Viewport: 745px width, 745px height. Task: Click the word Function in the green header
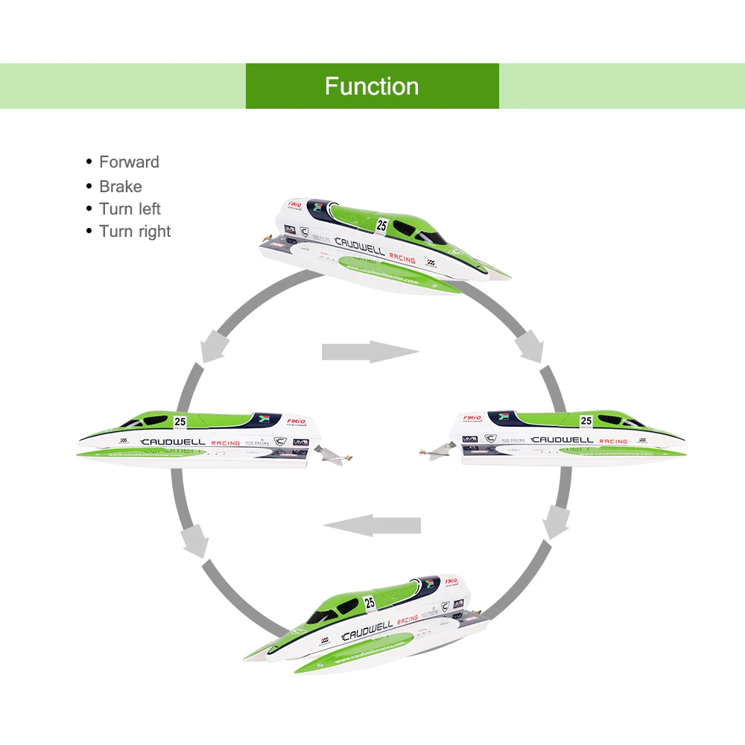(372, 86)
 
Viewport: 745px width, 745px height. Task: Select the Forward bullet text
(129, 162)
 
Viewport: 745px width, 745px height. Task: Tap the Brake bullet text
(120, 186)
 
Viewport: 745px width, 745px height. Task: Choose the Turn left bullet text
(130, 209)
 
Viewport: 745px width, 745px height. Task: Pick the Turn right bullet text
(135, 232)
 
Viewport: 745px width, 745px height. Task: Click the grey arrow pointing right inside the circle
(370, 352)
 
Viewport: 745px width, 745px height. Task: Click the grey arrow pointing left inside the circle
(372, 525)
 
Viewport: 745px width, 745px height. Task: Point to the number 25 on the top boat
(382, 225)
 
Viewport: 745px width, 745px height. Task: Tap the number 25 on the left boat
(180, 422)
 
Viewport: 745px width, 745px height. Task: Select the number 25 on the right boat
(586, 421)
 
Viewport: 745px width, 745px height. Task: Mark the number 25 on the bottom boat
(370, 603)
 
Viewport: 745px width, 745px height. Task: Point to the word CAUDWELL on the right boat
(562, 440)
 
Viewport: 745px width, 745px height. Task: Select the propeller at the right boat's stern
(433, 451)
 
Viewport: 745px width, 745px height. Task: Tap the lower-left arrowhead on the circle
(196, 540)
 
